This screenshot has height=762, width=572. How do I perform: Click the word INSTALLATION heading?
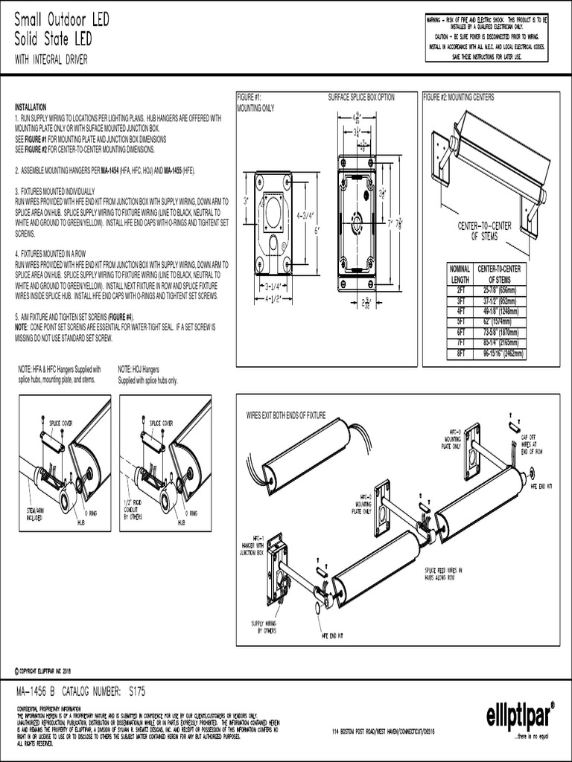31,107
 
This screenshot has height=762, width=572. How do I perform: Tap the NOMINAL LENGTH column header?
460,273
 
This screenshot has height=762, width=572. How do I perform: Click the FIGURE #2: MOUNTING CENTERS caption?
458,97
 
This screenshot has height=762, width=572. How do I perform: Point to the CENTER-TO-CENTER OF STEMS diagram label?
485,231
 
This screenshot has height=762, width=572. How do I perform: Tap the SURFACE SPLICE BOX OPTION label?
361,97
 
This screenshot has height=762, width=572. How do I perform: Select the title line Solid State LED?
52,38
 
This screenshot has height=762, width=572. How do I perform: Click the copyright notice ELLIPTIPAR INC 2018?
49,670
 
